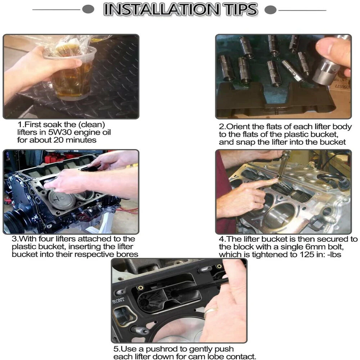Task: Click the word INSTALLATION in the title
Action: [x=161, y=10]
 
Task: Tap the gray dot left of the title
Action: [x=88, y=9]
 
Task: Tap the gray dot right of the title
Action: [x=270, y=10]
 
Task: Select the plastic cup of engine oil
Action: [x=71, y=73]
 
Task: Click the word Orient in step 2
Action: [x=238, y=126]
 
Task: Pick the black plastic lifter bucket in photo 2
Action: [x=275, y=101]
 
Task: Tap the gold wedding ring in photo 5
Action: [x=211, y=311]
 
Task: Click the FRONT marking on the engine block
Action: [x=118, y=300]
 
